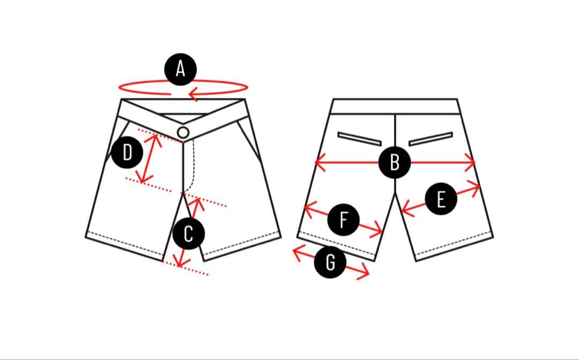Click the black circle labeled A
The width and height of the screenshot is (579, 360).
click(x=180, y=69)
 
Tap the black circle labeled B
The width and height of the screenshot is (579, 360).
click(x=395, y=162)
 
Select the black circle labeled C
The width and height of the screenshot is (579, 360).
click(x=188, y=234)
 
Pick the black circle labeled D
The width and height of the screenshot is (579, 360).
click(x=127, y=153)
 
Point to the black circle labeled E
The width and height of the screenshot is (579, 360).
click(x=441, y=200)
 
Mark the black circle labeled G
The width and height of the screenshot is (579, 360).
click(x=331, y=262)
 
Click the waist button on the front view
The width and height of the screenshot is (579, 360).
click(x=183, y=132)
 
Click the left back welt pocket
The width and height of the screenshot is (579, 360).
click(x=360, y=138)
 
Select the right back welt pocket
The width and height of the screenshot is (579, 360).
click(x=430, y=138)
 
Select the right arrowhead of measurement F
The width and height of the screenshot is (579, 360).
click(x=379, y=231)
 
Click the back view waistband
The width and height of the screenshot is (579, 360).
click(x=395, y=106)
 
